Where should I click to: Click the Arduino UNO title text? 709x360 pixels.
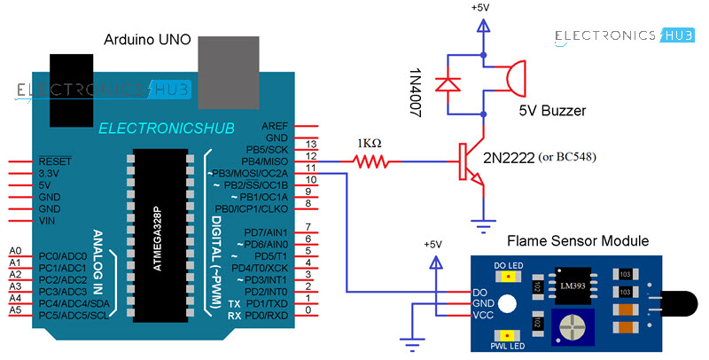point(145,40)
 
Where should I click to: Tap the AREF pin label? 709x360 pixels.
point(275,127)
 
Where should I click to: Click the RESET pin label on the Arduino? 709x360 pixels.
point(56,162)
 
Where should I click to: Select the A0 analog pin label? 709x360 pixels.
point(15,252)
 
